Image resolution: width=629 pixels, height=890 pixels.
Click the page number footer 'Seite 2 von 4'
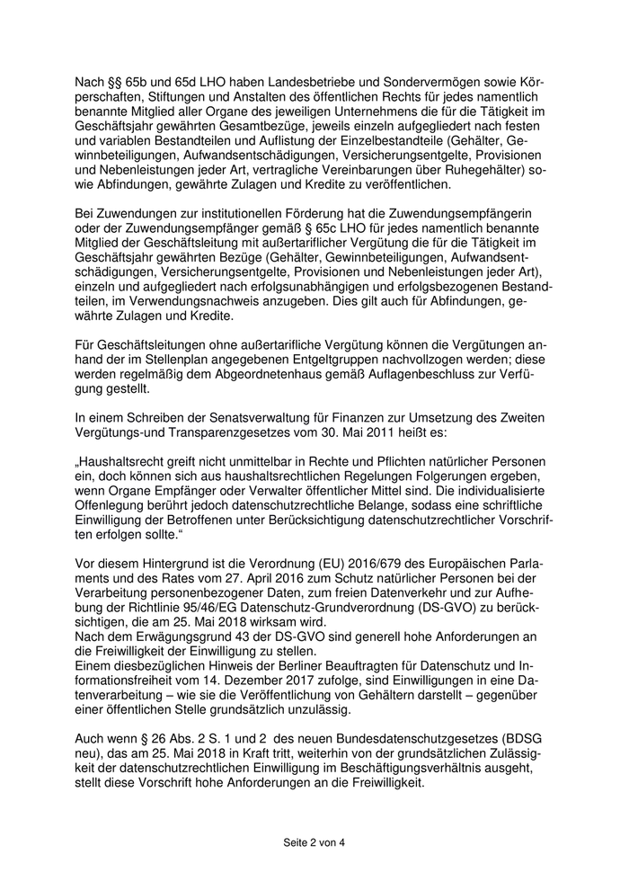coord(314,842)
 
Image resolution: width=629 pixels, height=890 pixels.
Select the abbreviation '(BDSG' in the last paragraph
coord(529,734)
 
